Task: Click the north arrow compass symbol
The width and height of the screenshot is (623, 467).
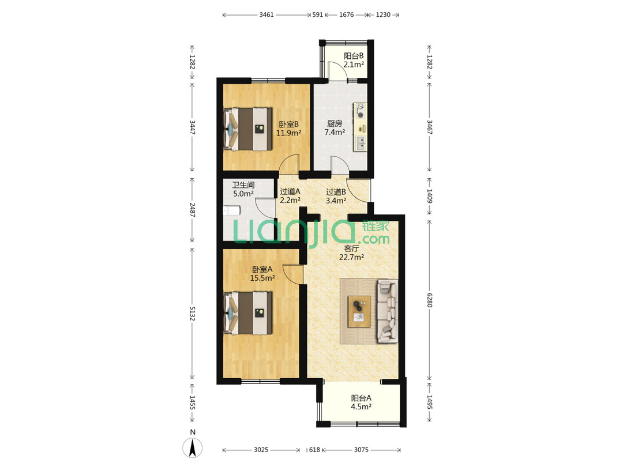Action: point(192,448)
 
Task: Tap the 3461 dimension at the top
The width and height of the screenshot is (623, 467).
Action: point(266,14)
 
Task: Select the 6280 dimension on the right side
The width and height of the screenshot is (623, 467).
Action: point(430,300)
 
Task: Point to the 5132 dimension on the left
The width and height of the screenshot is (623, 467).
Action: point(192,314)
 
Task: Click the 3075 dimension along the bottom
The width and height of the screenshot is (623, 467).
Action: point(361,450)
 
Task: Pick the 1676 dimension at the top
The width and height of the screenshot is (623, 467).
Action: point(347,14)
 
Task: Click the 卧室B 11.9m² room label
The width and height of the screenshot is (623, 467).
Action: point(288,128)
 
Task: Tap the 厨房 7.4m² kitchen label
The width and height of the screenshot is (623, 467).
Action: point(335,128)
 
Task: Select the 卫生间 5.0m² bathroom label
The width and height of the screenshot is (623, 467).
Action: point(243,189)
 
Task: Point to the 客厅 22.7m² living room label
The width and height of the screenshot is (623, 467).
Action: point(352,253)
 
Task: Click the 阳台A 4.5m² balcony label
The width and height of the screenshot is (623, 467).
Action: point(361,402)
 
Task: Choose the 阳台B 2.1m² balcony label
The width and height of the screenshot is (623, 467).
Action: point(354,60)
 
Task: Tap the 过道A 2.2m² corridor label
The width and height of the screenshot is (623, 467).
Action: point(290,196)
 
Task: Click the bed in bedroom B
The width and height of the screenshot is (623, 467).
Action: point(248,129)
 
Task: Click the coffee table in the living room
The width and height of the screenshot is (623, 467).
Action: point(359,311)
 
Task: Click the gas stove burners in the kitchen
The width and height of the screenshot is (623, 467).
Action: point(361,111)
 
